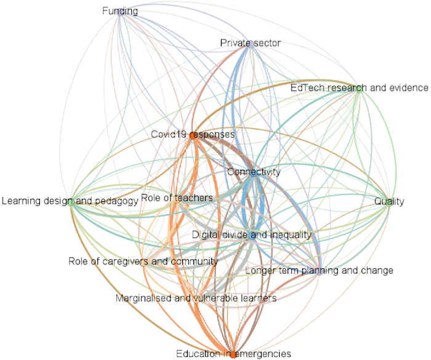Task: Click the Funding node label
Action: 119,11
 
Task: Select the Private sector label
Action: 250,43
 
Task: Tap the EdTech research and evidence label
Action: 359,88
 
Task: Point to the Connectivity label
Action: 254,172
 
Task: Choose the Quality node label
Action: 389,202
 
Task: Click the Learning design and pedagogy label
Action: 70,201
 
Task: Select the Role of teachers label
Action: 177,198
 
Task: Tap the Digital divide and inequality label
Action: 252,234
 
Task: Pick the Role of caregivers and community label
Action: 143,262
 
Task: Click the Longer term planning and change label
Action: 319,270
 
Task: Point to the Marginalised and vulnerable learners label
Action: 196,298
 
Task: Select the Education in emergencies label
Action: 233,353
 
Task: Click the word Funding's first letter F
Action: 104,11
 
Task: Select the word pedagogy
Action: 118,201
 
